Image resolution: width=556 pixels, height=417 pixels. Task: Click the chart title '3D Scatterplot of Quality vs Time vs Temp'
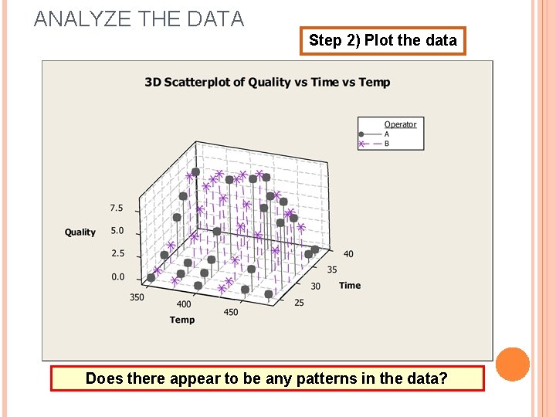tap(267, 83)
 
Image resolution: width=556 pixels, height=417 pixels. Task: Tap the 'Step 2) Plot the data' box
tap(383, 40)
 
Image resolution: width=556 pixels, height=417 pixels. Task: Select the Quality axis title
tap(80, 232)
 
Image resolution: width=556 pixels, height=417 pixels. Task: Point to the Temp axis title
tap(182, 320)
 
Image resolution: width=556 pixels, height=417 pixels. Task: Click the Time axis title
tap(350, 285)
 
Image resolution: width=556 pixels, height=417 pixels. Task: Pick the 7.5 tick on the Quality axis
tap(117, 208)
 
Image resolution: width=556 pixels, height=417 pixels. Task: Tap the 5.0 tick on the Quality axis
tap(117, 230)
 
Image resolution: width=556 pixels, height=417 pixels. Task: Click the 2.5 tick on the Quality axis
tap(117, 253)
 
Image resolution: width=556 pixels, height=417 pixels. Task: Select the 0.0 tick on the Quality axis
tap(117, 276)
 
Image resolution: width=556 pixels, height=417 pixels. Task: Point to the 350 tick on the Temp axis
tap(137, 297)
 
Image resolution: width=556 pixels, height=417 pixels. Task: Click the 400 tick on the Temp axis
tap(184, 305)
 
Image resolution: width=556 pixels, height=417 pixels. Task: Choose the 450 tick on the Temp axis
tap(231, 312)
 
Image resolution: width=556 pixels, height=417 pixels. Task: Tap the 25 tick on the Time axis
tap(299, 302)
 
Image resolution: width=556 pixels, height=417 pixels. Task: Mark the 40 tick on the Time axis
tap(349, 254)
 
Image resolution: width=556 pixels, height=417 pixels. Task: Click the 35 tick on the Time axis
tap(332, 270)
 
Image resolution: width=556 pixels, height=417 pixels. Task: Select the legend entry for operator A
tap(386, 134)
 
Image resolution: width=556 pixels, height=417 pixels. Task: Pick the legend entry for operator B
tap(386, 144)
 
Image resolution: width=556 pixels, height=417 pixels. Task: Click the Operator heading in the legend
tap(400, 124)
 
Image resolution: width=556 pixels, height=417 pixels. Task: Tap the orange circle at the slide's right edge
tap(513, 364)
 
